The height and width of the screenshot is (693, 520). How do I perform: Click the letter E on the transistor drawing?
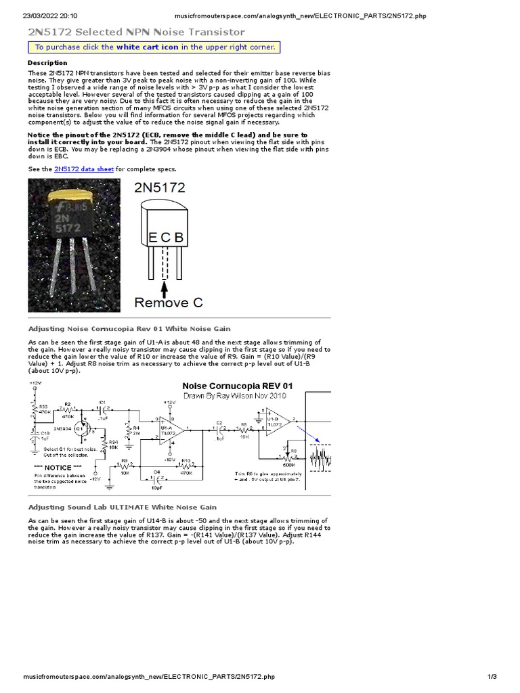click(x=154, y=237)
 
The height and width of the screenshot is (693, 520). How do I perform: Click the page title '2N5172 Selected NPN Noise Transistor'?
click(x=136, y=32)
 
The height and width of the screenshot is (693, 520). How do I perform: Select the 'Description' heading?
click(x=47, y=62)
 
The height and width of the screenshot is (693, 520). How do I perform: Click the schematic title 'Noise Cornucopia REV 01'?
click(x=237, y=386)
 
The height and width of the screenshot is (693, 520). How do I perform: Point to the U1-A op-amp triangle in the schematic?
click(x=166, y=429)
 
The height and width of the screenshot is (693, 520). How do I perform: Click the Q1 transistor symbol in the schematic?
click(x=79, y=428)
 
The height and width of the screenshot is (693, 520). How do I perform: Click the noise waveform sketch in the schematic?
click(x=320, y=460)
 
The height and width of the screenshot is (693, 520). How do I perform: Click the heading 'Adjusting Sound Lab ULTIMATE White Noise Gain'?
click(x=122, y=506)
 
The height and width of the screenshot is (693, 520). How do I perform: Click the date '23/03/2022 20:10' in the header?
click(x=50, y=15)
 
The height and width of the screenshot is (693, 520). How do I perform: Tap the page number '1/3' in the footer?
click(x=492, y=677)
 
